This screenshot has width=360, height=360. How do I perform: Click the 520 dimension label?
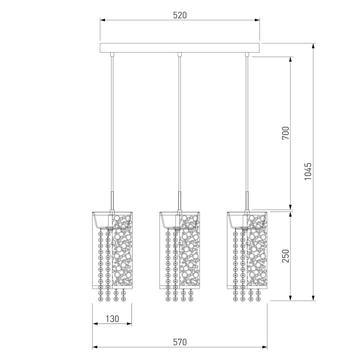pyautogui.click(x=180, y=15)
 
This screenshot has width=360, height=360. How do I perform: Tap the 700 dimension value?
pyautogui.click(x=286, y=133)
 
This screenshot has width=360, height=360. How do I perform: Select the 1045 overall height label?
pyautogui.click(x=308, y=171)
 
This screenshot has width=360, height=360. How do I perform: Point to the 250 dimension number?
pyautogui.click(x=286, y=256)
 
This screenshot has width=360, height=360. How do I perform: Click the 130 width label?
pyautogui.click(x=112, y=319)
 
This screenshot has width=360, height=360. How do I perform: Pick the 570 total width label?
pyautogui.click(x=180, y=342)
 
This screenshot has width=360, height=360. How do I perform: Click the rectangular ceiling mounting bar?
pyautogui.click(x=180, y=48)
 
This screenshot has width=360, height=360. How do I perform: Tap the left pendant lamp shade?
pyautogui.click(x=112, y=250)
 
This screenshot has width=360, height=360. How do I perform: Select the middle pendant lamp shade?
pyautogui.click(x=180, y=250)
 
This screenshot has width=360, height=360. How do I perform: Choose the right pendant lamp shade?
pyautogui.click(x=247, y=250)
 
